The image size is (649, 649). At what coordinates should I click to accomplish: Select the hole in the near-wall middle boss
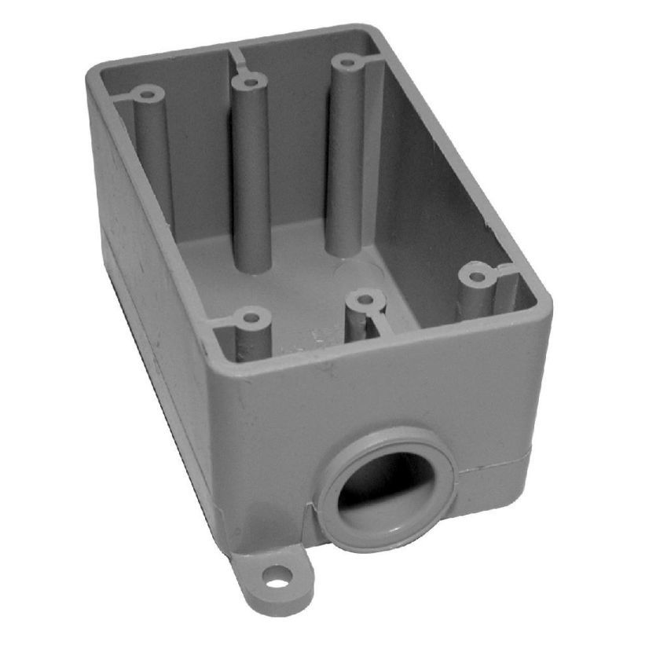(x=363, y=300)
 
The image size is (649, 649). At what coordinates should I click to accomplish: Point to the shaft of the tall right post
(x=346, y=157)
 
